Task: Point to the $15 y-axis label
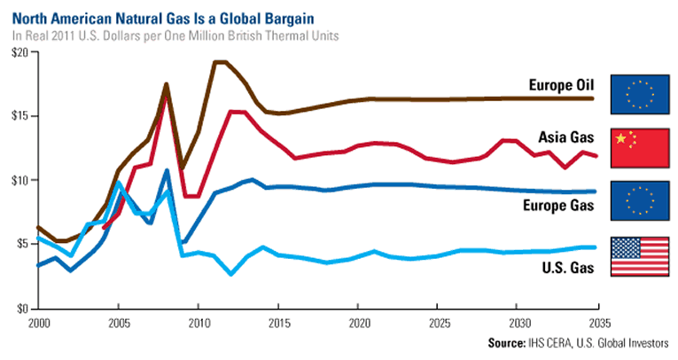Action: [19, 116]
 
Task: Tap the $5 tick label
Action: [22, 245]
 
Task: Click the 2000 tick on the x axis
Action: [37, 321]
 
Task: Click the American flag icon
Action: [640, 256]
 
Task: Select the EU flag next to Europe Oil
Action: [640, 95]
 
